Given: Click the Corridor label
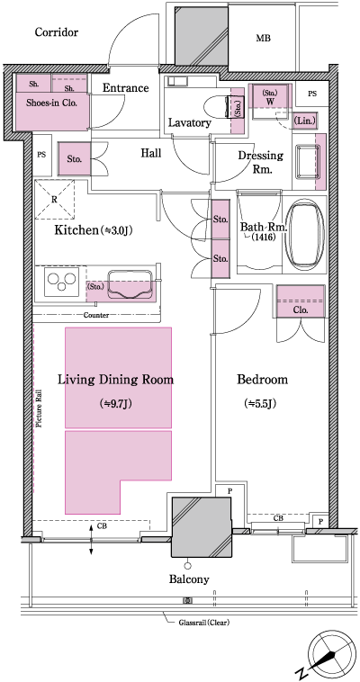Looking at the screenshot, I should [x=57, y=32].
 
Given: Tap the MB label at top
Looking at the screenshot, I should [x=263, y=39].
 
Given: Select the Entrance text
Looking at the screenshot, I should [x=125, y=87].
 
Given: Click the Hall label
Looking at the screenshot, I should [x=151, y=153].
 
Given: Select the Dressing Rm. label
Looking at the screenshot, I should [x=260, y=162].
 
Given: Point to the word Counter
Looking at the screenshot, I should [x=96, y=316].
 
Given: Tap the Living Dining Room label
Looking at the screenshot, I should [x=115, y=379].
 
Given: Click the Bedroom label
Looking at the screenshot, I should [x=262, y=379].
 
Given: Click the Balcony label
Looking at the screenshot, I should [x=187, y=579].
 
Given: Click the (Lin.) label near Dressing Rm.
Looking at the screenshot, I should [x=304, y=120].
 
